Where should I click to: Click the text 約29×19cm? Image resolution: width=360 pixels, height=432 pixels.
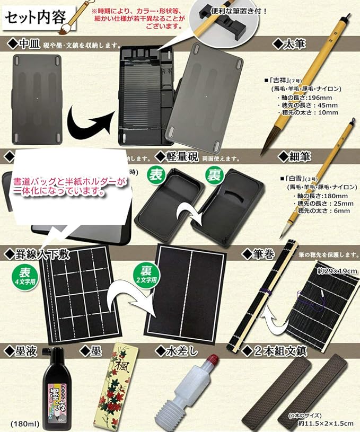click(337, 271)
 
